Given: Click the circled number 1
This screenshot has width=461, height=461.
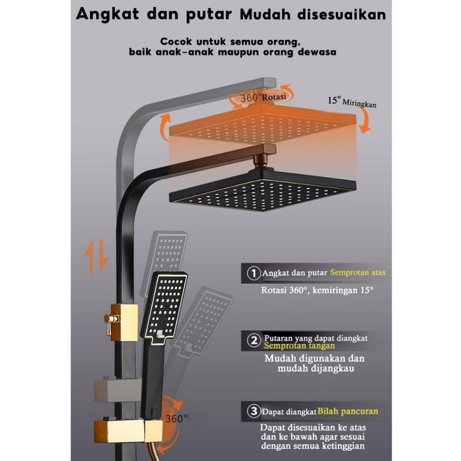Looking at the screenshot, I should [x=253, y=273].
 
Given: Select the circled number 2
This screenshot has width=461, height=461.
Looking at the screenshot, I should [x=253, y=342].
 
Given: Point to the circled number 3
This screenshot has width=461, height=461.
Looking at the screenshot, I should [x=253, y=411].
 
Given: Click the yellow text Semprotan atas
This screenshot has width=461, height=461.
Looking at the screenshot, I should [x=357, y=273].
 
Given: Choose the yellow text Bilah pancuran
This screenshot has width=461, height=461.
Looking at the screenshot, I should [x=348, y=411].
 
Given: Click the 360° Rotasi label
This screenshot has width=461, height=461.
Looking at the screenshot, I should [x=262, y=97].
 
